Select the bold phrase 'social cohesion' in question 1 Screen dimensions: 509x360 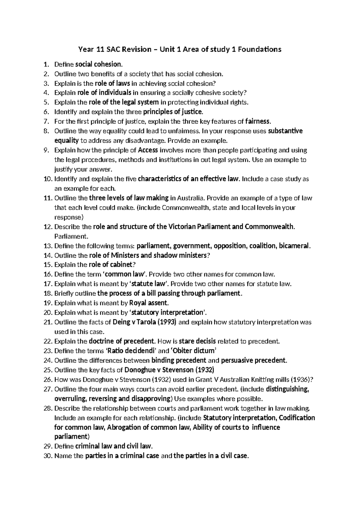coord(99,64)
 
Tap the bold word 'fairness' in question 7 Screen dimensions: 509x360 coord(258,122)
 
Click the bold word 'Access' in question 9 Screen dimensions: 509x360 coord(148,150)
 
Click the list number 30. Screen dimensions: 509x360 coord(48,456)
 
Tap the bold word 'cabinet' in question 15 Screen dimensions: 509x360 coord(121,265)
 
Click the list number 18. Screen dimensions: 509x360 coord(48,294)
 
